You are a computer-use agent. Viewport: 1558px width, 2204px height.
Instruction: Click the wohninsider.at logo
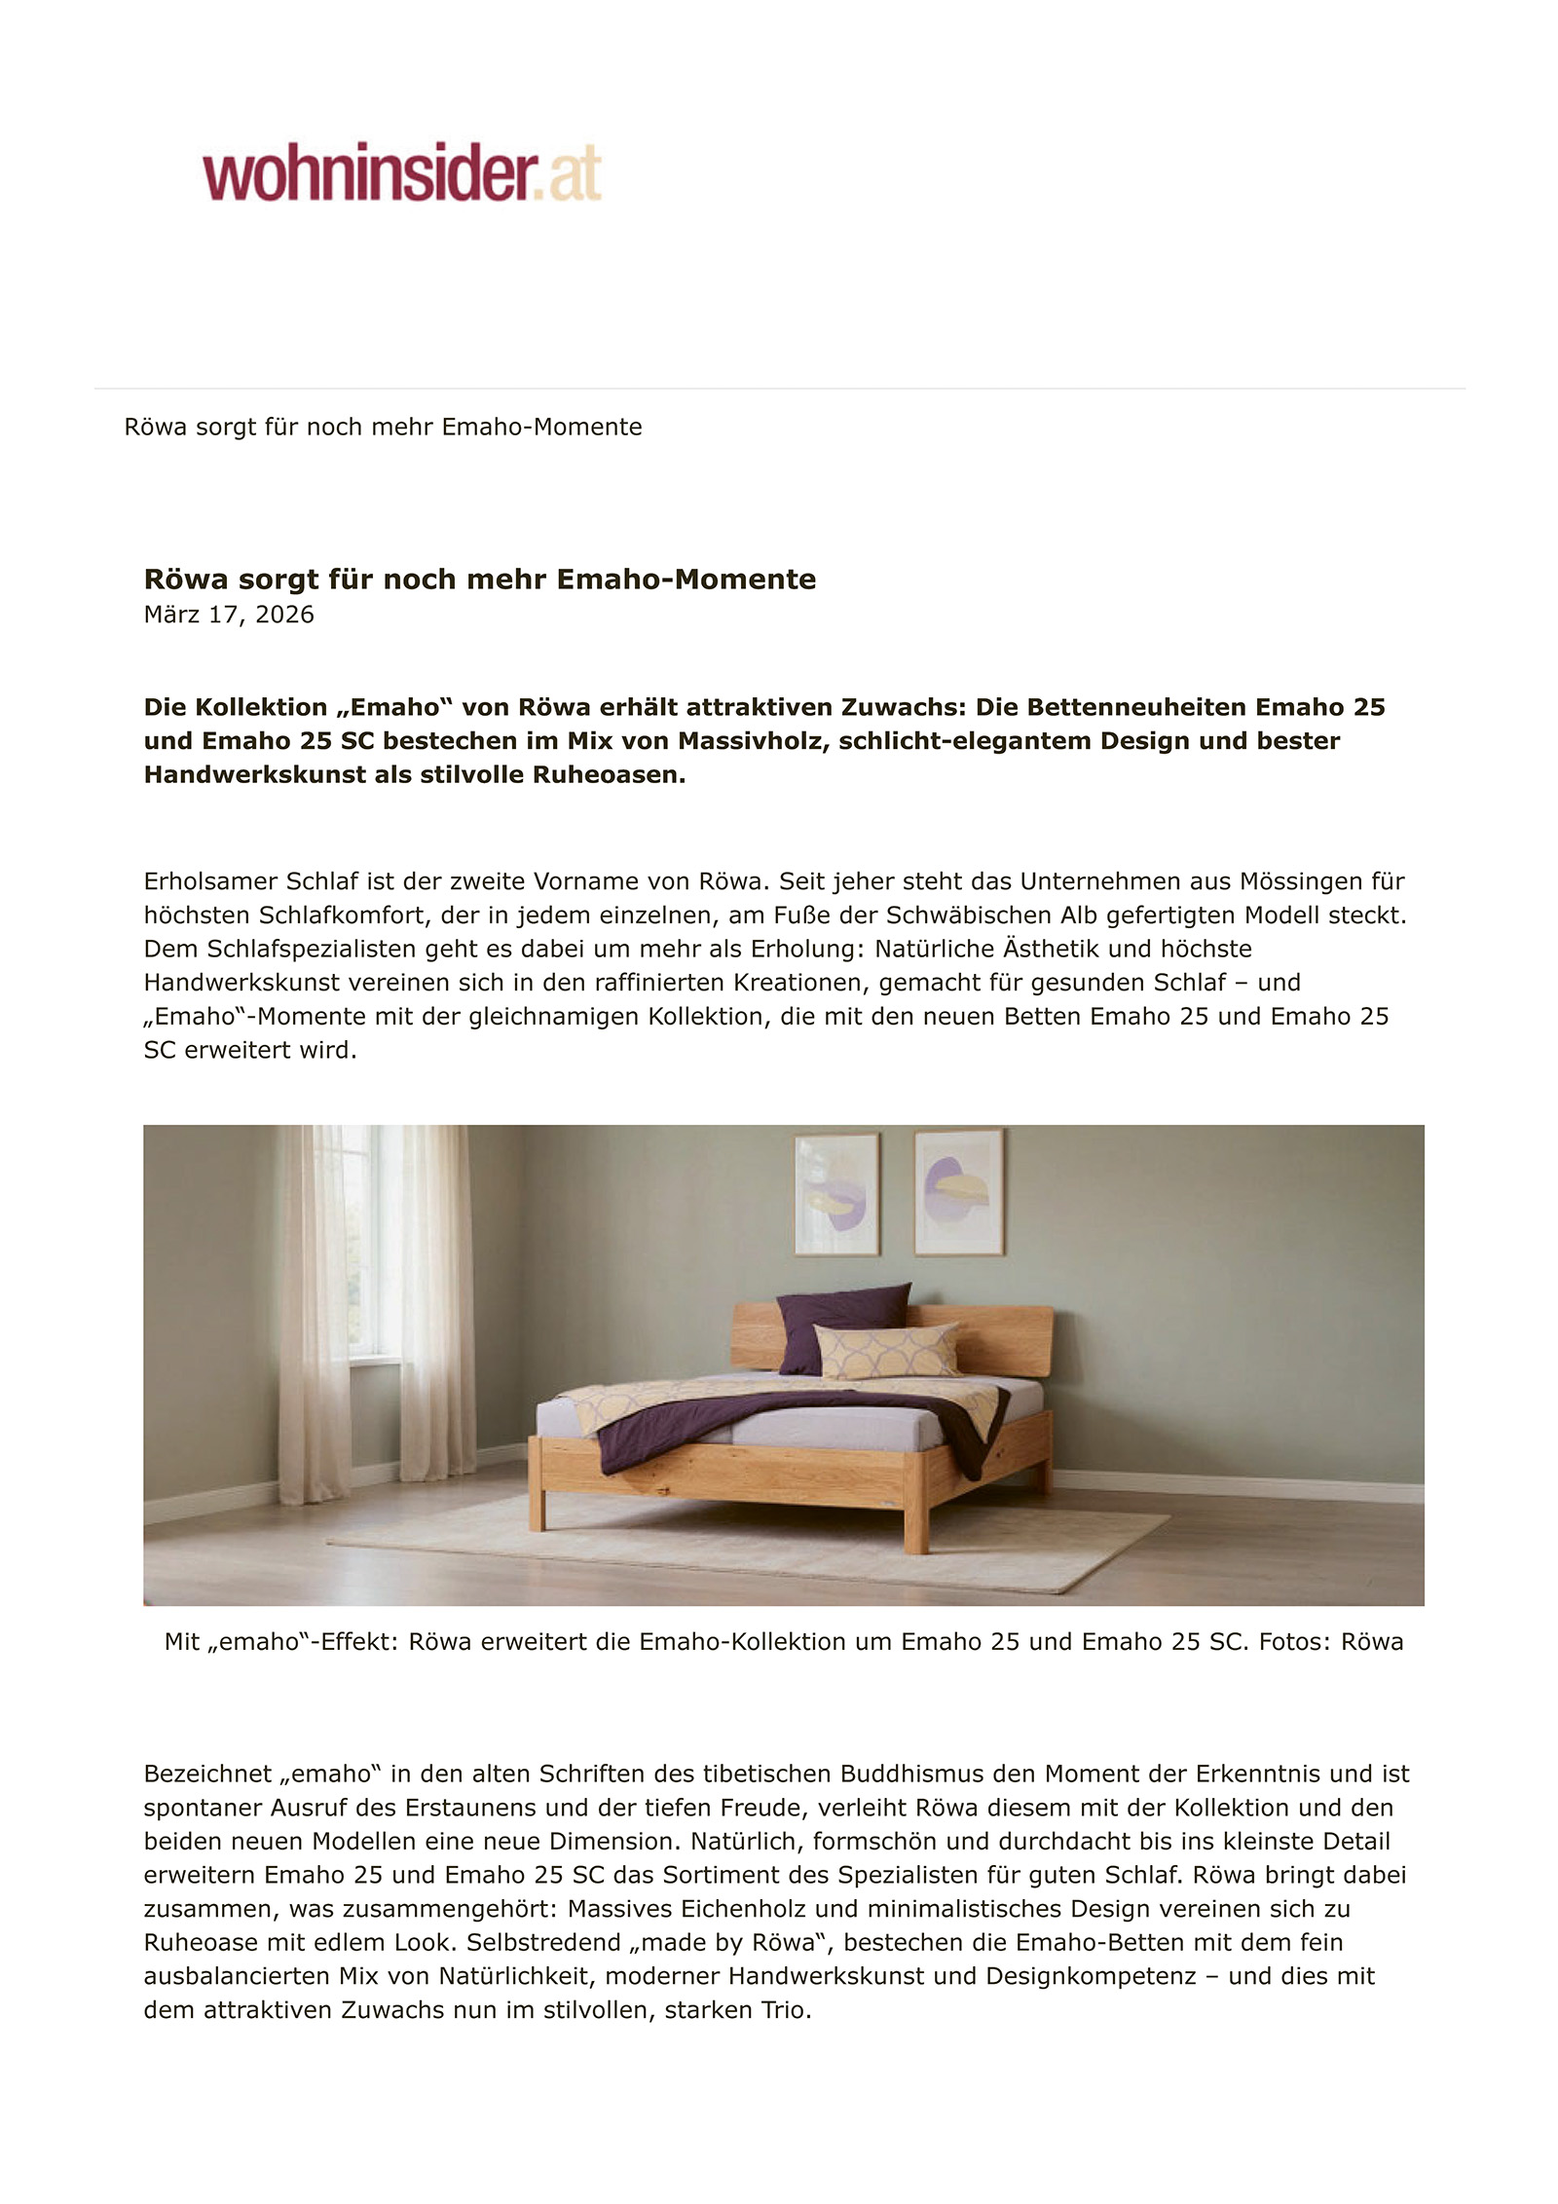tap(401, 173)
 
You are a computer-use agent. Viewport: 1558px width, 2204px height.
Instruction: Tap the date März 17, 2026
tap(229, 615)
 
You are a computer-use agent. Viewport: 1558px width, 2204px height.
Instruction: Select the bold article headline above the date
tap(479, 579)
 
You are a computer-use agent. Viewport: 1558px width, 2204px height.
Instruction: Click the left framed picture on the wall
tap(836, 1193)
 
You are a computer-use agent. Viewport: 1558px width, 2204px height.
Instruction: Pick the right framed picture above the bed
tap(958, 1192)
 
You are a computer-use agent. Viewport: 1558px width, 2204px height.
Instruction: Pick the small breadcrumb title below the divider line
tap(383, 427)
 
